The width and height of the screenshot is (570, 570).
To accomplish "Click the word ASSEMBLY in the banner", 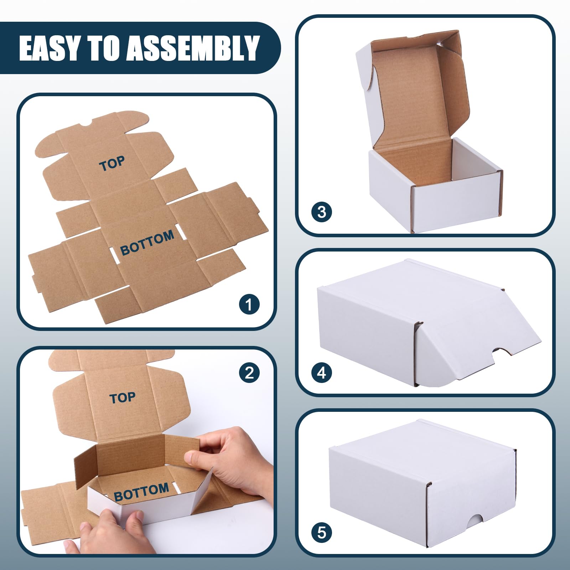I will (x=193, y=48).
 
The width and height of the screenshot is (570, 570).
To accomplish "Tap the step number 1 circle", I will (x=249, y=304).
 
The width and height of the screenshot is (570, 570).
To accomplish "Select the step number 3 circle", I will (x=321, y=212).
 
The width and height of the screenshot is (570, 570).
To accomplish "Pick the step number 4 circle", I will (x=321, y=373).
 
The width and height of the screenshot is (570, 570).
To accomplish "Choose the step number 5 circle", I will (x=321, y=533).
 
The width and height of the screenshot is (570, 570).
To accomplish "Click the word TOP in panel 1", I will (x=112, y=164).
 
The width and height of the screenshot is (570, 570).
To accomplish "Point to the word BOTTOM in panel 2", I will (x=141, y=492).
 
